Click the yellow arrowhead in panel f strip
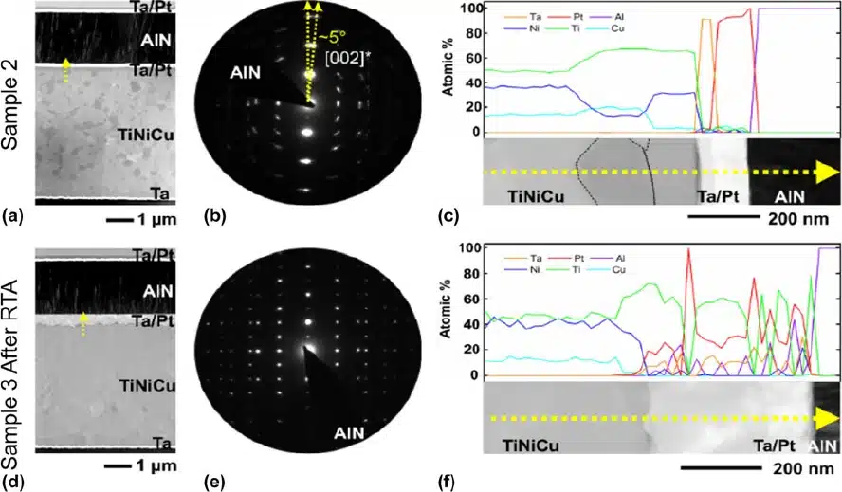click(x=828, y=418)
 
